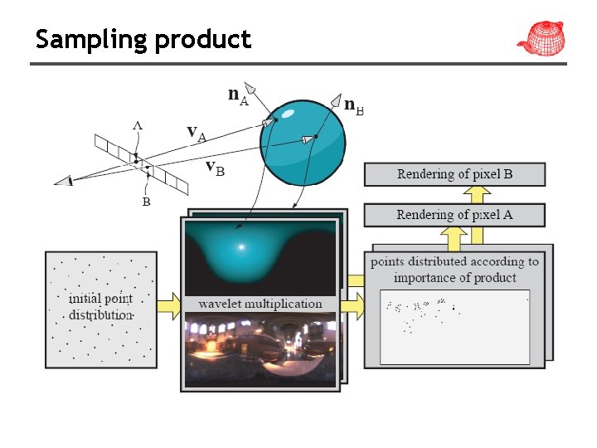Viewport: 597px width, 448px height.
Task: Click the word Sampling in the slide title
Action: point(90,40)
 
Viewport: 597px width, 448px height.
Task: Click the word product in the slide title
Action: point(201,40)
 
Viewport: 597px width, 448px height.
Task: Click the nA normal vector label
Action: point(238,96)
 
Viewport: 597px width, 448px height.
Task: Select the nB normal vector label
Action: point(353,107)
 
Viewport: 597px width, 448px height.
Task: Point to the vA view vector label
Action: point(197,133)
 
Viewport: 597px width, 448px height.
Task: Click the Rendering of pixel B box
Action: point(454,174)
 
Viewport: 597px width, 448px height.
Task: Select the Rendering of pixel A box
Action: point(454,215)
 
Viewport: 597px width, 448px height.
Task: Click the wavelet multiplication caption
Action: point(260,304)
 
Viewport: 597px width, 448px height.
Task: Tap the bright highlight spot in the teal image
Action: point(241,246)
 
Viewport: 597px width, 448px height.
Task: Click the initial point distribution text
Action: point(100,306)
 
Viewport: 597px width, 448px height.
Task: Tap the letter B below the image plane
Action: point(145,202)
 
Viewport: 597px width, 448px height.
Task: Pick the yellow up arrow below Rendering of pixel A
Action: point(454,237)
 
